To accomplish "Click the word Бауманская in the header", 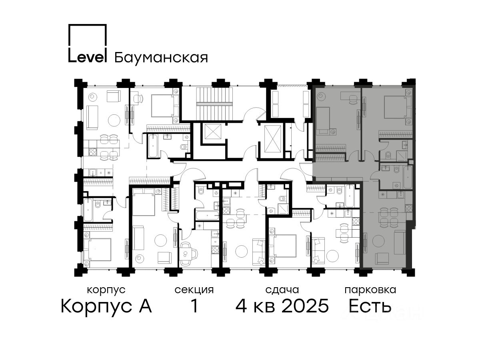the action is (x=161, y=58).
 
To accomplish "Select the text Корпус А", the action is (x=106, y=306).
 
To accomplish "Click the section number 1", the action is (x=194, y=306).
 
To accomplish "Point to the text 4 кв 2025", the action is (x=282, y=306).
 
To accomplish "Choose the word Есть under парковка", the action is (x=370, y=306).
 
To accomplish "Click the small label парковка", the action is (x=370, y=290).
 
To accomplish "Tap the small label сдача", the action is (x=282, y=290).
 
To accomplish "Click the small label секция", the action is (x=194, y=290).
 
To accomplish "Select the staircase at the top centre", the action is (x=214, y=104).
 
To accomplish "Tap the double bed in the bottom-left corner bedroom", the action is (x=99, y=249).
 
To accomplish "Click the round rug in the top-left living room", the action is (x=114, y=120).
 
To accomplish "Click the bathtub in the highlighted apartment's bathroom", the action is (x=408, y=177).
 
